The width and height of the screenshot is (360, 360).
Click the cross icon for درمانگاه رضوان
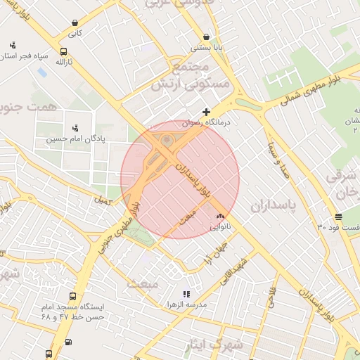206,112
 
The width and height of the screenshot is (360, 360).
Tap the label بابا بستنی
205,49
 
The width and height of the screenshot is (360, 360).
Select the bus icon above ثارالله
64,52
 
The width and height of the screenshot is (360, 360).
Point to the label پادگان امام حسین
75,139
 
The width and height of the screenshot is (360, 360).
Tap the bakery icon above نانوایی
220,216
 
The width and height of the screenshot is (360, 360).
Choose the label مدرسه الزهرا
186,304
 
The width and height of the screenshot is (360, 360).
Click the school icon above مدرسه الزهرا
186,294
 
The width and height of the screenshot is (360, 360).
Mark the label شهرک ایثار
217,345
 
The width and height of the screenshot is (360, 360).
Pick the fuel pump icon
67,342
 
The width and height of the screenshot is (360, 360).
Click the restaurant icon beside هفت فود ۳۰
338,217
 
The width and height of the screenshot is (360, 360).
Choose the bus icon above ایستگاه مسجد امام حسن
73,297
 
